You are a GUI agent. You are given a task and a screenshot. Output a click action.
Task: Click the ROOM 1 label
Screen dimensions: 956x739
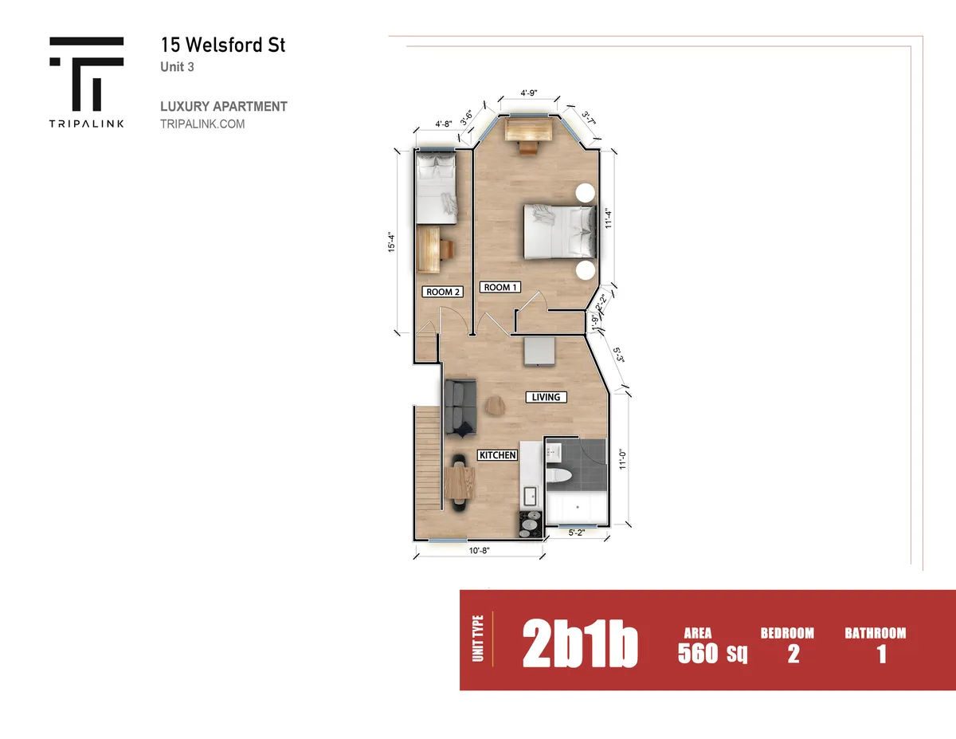point(500,288)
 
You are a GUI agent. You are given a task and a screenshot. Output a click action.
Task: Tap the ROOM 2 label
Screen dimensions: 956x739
point(443,292)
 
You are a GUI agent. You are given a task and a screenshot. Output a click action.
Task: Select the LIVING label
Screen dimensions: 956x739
point(546,397)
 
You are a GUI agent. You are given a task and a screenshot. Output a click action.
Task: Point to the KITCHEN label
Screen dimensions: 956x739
point(498,455)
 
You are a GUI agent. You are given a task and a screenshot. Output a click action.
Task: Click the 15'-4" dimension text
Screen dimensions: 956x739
point(391,242)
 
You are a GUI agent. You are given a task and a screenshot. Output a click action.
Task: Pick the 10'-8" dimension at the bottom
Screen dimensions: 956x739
point(479,551)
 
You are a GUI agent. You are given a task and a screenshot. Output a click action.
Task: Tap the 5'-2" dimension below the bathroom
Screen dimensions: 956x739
point(576,533)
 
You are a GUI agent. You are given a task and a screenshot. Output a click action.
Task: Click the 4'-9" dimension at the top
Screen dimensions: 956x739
point(529,92)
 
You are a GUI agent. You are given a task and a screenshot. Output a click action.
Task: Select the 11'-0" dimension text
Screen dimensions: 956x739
point(622,459)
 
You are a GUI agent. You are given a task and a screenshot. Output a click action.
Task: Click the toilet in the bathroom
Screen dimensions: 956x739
point(558,475)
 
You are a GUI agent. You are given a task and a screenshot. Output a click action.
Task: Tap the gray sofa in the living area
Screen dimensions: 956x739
point(460,407)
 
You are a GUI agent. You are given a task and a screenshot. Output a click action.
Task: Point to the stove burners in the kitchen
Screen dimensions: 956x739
point(531,525)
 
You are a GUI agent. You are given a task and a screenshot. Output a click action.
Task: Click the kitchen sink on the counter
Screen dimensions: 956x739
point(530,497)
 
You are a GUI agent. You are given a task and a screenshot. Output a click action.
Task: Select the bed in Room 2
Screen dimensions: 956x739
point(436,188)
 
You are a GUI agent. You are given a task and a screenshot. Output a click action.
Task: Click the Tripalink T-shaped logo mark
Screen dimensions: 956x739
point(87,74)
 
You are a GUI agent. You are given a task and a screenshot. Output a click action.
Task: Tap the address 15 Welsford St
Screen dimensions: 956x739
point(223,45)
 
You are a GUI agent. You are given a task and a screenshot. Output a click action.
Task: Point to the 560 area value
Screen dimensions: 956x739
point(697,653)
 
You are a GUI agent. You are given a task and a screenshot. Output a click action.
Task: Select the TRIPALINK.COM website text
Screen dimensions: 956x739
point(202,124)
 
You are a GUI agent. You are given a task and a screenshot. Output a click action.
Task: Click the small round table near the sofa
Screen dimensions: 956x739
point(496,405)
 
